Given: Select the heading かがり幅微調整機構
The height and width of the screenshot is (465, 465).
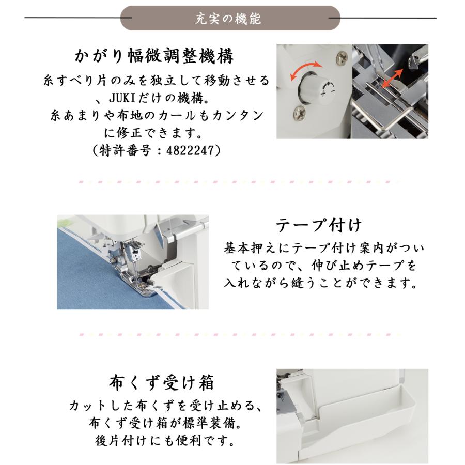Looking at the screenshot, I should pos(154,56).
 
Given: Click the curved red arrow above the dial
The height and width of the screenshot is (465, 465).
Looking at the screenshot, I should pos(305,70).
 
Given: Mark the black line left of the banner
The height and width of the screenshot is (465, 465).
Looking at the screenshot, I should pos(78,19).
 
